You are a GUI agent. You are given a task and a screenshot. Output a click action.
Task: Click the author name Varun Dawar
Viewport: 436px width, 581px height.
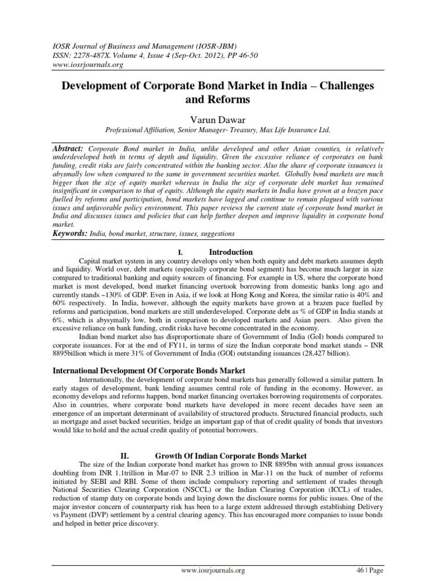[217, 118]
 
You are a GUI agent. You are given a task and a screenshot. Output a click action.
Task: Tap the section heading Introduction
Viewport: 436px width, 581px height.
[231, 252]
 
